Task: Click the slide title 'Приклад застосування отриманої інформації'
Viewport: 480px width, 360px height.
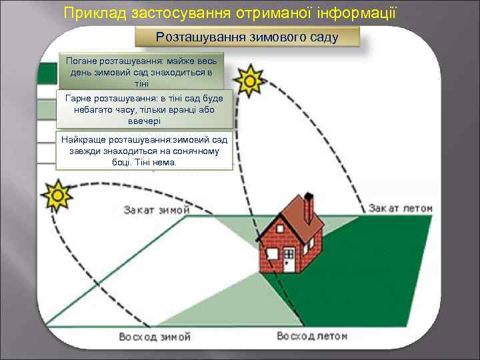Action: click(x=230, y=11)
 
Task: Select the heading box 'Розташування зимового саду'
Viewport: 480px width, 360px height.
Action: click(x=247, y=37)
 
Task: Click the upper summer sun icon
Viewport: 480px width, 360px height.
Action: click(x=251, y=81)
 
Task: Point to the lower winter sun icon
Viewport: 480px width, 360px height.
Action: click(x=57, y=196)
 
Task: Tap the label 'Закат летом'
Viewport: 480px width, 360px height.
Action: click(x=400, y=209)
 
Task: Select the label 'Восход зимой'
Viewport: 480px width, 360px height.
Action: click(x=155, y=336)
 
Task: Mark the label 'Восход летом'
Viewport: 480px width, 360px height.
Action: click(x=313, y=336)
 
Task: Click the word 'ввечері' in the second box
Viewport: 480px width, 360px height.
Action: click(x=145, y=121)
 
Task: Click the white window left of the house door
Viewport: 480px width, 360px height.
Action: click(x=273, y=254)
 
